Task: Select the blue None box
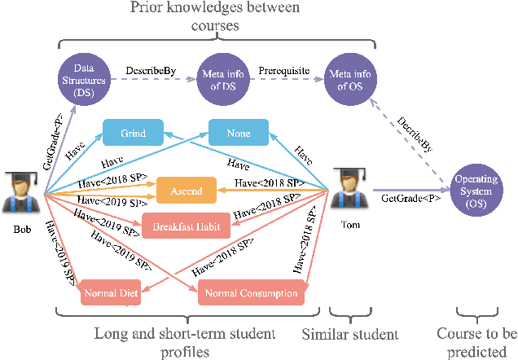point(239,133)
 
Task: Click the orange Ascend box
point(187,191)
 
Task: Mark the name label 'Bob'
point(22,230)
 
